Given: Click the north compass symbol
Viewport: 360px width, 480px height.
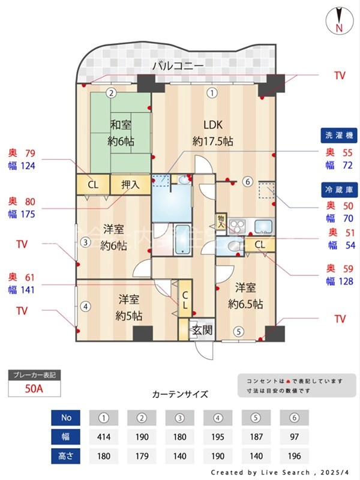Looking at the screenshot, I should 338,21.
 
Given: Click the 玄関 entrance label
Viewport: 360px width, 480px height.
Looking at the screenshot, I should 200,329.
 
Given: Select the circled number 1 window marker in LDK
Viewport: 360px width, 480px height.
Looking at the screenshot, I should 211,92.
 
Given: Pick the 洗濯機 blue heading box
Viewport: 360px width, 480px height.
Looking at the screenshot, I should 338,136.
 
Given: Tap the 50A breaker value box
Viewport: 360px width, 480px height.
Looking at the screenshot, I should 34,388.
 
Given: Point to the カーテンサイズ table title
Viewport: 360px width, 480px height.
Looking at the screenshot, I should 180,394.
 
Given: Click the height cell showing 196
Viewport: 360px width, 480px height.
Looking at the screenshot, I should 294,456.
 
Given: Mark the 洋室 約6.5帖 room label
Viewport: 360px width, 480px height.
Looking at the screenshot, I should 245,296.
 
